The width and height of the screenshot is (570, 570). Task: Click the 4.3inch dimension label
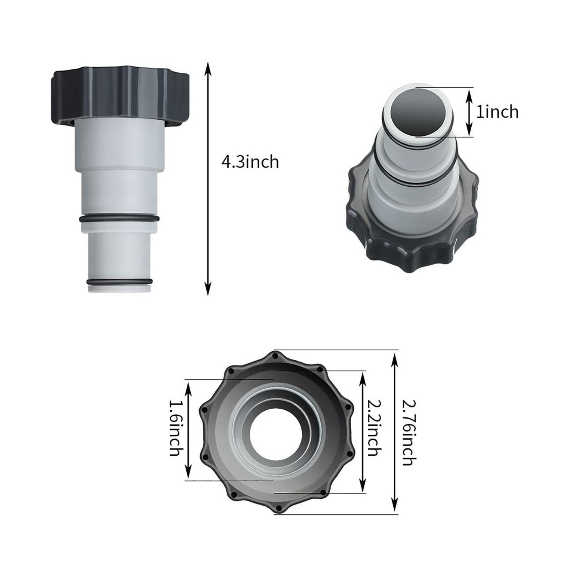tap(250, 162)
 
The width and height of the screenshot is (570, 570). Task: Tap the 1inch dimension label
tap(497, 112)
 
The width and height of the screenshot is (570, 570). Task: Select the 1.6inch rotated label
tap(175, 429)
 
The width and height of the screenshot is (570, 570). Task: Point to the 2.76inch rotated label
tap(409, 432)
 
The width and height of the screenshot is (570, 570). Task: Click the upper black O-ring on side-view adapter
tap(119, 219)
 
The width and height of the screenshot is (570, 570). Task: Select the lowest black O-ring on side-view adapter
tap(119, 282)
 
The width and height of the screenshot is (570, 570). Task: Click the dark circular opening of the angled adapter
tap(419, 110)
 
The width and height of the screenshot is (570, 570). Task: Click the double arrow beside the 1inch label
tap(470, 112)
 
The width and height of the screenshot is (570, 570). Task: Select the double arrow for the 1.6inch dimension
tap(189, 430)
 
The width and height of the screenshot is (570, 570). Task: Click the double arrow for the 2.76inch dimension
tap(395, 432)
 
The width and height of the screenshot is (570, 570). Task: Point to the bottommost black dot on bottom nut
tap(279, 508)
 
